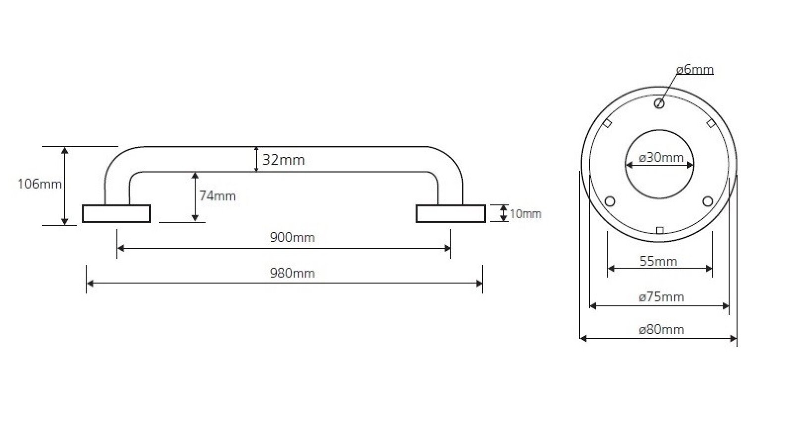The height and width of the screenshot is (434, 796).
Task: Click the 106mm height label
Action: coord(40,184)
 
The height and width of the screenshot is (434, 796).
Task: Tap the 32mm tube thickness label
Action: coord(283,160)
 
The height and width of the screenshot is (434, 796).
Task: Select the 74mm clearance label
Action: coord(217,195)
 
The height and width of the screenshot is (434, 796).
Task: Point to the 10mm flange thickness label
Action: coord(525,214)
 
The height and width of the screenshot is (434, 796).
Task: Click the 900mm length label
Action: coord(292,237)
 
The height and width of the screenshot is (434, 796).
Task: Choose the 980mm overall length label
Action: coord(292,273)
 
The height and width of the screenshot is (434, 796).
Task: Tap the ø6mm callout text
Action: coord(695,69)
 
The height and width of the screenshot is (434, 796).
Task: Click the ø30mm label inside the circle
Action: coord(661,157)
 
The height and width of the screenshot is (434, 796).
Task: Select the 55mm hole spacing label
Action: coord(658,261)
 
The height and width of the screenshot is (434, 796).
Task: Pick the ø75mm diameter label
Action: coord(661,296)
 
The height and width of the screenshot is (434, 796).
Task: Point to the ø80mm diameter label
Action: coord(661,330)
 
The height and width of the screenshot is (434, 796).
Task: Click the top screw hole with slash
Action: coord(659,103)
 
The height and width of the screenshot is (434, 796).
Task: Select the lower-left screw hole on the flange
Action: coord(609,201)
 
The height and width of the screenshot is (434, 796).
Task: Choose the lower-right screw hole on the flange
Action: coord(707,201)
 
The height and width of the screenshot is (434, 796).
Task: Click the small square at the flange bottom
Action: coord(660,231)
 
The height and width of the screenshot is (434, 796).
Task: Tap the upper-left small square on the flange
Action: coord(607,124)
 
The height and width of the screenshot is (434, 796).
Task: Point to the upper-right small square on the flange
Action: coord(711,124)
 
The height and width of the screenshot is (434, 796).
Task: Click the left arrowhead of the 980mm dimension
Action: coord(90,284)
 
